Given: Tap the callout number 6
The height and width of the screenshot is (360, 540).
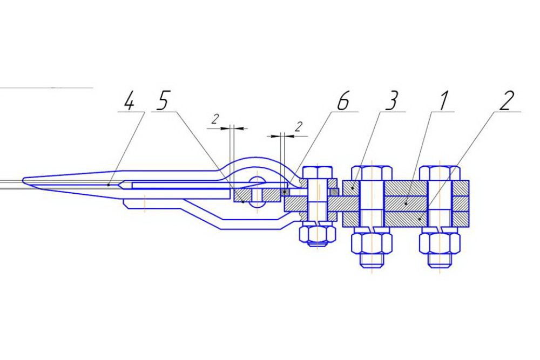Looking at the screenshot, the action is (x=343, y=101).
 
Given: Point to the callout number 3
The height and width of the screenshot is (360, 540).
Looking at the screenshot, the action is (x=391, y=101).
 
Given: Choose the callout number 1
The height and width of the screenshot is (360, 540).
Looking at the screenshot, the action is (x=443, y=101).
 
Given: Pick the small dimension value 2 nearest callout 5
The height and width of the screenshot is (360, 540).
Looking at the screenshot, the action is (x=215, y=119).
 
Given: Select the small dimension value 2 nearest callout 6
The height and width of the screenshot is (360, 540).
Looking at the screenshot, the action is (x=298, y=126).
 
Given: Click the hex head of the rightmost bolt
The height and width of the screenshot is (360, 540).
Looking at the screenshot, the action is (x=440, y=173).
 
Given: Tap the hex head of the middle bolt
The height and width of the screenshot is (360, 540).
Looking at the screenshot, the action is (x=372, y=173).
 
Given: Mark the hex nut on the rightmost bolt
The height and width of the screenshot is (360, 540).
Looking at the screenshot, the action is (x=440, y=243).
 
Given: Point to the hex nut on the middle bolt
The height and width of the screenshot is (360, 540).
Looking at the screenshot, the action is (x=372, y=243).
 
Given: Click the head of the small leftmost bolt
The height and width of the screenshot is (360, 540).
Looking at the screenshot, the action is (x=318, y=172).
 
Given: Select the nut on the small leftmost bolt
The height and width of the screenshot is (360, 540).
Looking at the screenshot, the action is (x=318, y=234).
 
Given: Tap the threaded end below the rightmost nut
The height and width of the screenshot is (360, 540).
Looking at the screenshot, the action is (x=440, y=261).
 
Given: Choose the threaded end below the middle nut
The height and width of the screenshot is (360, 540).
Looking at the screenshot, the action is (x=372, y=261).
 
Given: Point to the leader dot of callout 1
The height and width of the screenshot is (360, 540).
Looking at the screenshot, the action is (x=407, y=203).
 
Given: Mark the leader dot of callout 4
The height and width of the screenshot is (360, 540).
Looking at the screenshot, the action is (x=109, y=185).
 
